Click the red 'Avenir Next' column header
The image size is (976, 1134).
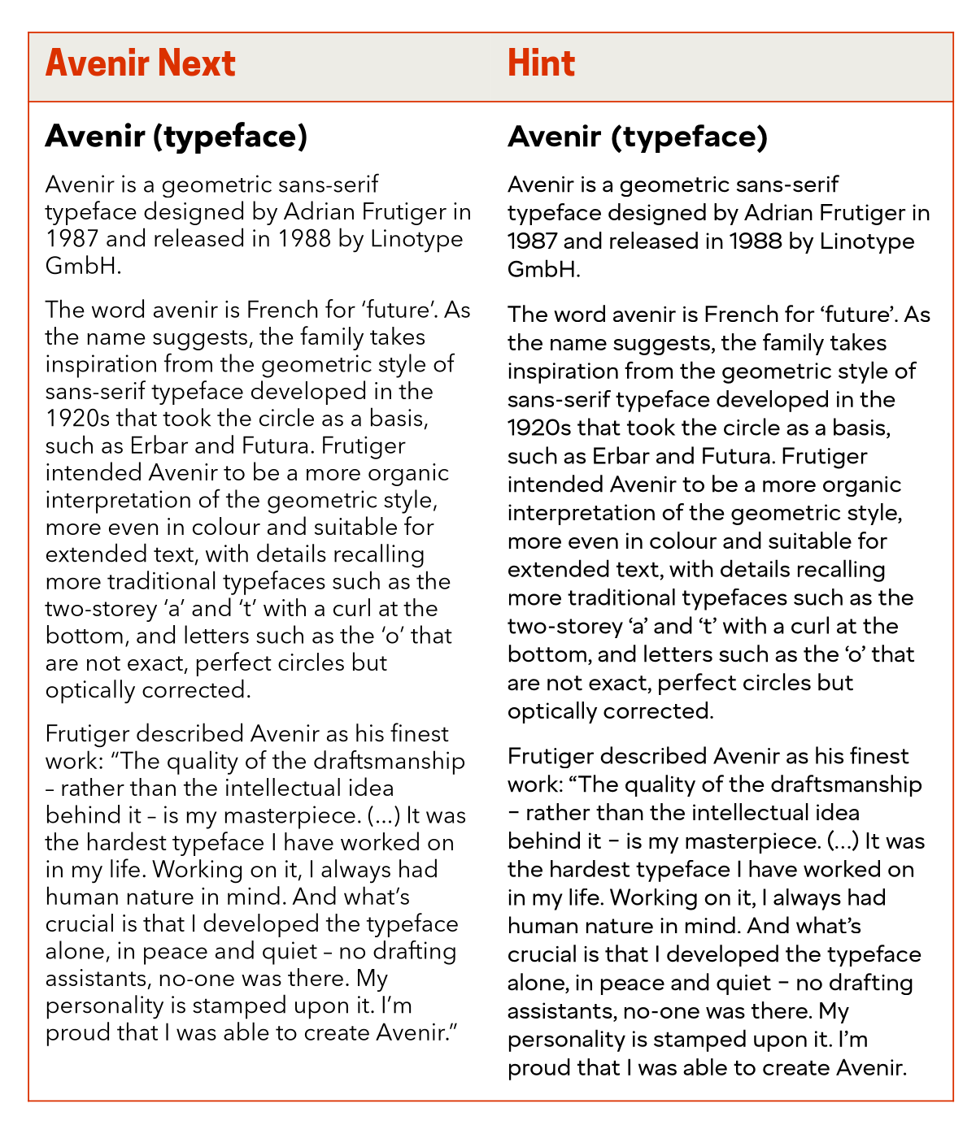point(140,63)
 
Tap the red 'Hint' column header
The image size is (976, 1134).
point(541,63)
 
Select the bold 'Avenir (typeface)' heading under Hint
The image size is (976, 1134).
point(638,137)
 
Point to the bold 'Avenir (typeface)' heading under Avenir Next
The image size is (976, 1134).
point(176,137)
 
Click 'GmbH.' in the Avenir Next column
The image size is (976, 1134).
point(83,266)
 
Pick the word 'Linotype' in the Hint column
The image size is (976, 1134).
point(867,241)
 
